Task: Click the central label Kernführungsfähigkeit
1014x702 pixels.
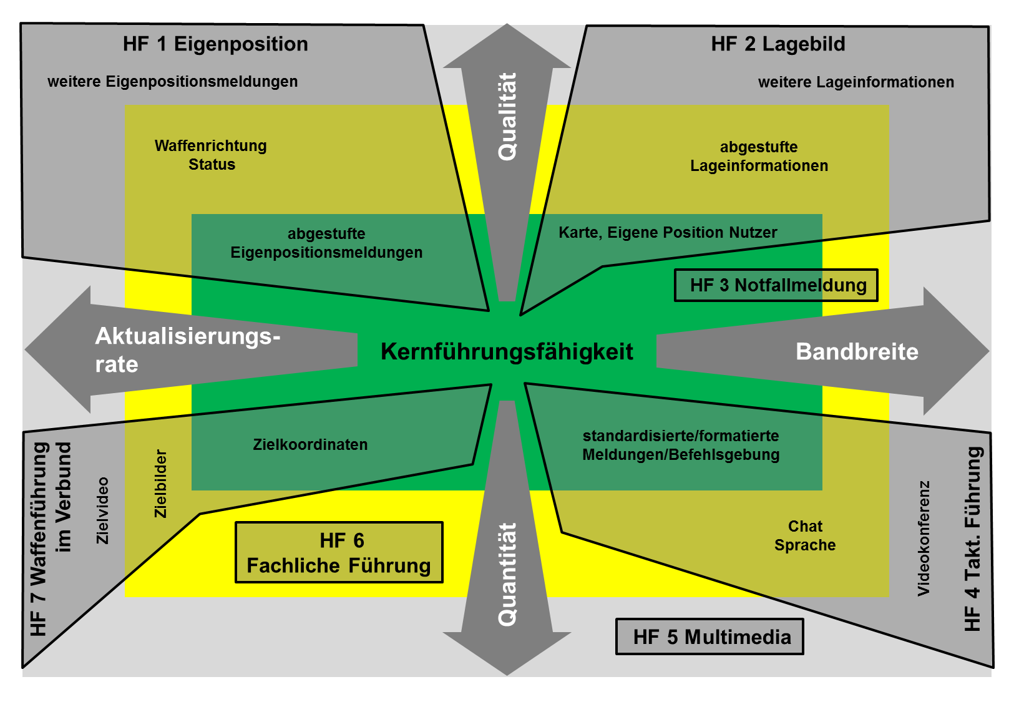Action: (507, 352)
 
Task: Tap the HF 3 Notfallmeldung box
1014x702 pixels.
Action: (776, 285)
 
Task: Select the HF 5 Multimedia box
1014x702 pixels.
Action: (710, 637)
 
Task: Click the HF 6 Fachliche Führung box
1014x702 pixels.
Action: (339, 553)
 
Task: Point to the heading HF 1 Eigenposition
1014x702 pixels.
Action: (215, 44)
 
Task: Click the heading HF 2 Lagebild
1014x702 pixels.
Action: (778, 44)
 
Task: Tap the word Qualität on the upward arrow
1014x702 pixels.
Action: (507, 117)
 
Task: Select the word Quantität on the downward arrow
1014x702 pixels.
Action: (507, 574)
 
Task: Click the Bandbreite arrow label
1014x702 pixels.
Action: (857, 352)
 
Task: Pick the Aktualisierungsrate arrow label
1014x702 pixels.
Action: (187, 350)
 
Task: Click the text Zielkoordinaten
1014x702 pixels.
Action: (310, 445)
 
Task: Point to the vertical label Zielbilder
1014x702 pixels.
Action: (161, 484)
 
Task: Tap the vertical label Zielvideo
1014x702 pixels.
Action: (103, 510)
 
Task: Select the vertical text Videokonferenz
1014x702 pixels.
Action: (924, 538)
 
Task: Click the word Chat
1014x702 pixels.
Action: (805, 527)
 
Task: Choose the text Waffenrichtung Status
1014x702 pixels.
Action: (211, 155)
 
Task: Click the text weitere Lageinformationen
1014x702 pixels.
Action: (856, 82)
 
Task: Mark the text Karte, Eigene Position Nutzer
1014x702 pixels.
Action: (668, 233)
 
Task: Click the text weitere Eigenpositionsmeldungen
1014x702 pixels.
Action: (173, 82)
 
